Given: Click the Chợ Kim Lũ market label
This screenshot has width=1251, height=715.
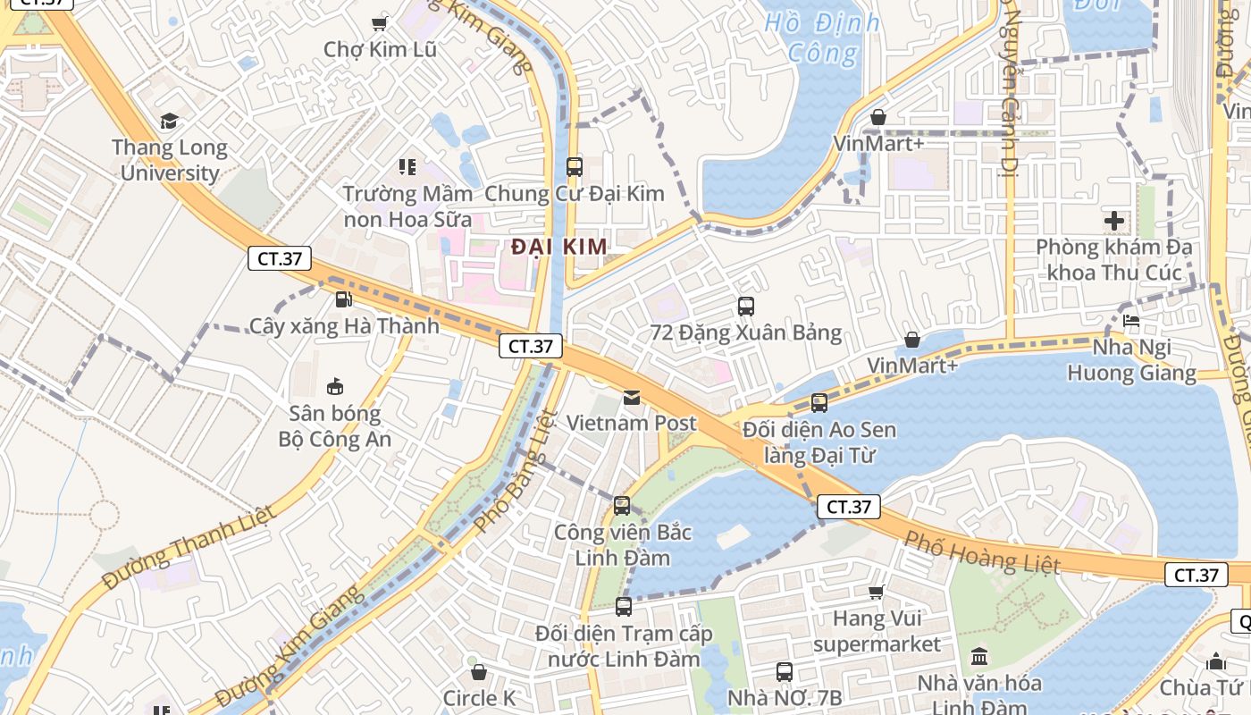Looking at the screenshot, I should click(380, 49).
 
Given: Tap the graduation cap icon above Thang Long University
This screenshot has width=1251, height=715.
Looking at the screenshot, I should click(169, 121).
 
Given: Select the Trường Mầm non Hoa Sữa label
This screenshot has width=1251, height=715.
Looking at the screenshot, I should click(407, 206).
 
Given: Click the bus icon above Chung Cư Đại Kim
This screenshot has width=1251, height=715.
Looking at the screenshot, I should click(575, 166).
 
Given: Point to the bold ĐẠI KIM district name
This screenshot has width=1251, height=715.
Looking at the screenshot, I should click(559, 247).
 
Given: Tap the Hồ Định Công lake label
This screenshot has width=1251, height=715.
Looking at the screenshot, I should click(822, 38).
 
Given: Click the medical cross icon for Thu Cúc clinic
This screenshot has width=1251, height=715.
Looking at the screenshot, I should click(1113, 220).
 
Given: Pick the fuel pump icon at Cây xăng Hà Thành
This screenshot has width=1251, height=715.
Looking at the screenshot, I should click(343, 299).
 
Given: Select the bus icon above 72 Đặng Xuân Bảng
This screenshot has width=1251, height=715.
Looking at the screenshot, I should click(746, 307).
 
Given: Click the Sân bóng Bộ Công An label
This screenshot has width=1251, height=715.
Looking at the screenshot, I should click(335, 426).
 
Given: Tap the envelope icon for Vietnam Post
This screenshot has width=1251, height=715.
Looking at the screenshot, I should click(632, 397).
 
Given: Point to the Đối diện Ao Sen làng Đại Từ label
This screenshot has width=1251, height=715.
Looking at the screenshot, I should click(819, 443).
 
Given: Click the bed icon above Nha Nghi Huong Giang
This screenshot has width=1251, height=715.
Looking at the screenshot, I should click(1131, 320).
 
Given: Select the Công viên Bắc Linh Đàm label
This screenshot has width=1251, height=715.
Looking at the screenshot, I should click(623, 545).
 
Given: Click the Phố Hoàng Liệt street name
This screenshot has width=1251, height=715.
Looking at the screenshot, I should click(981, 551).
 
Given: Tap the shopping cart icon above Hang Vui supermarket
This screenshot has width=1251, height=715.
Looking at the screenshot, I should click(877, 592).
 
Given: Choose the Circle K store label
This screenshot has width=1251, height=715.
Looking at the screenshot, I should click(480, 698).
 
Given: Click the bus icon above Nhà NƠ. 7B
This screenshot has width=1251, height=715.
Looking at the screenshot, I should click(785, 671).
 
